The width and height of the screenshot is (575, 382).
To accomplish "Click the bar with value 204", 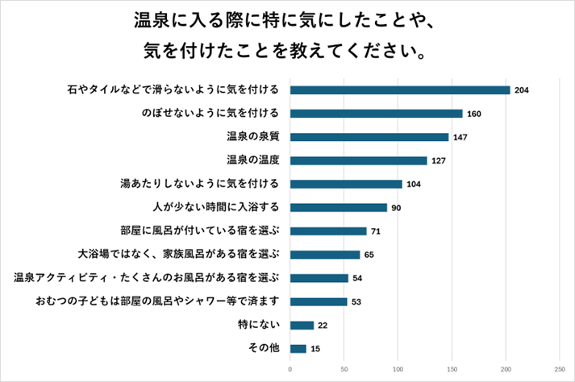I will pos(400,89).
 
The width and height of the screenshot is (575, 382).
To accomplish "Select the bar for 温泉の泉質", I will pos(369,137).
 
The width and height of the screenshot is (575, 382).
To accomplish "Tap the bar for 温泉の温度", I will pos(358,160).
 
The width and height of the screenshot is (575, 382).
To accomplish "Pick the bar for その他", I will pos(298,349).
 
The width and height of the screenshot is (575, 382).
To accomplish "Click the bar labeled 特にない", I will pos(302,325).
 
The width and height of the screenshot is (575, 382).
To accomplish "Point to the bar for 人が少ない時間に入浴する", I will pos(339,207).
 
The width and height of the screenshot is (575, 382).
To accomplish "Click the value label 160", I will pos(474,114).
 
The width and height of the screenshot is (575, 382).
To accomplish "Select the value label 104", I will pos(415,185).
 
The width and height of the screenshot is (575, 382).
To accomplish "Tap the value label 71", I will pos(376,231).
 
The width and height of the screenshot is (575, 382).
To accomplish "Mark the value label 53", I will pos(356,302).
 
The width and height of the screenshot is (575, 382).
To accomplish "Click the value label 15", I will pos(315,349).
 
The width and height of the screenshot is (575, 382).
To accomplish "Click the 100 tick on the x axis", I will pos(398,371).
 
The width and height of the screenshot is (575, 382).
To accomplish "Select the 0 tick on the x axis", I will pos(290,371).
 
